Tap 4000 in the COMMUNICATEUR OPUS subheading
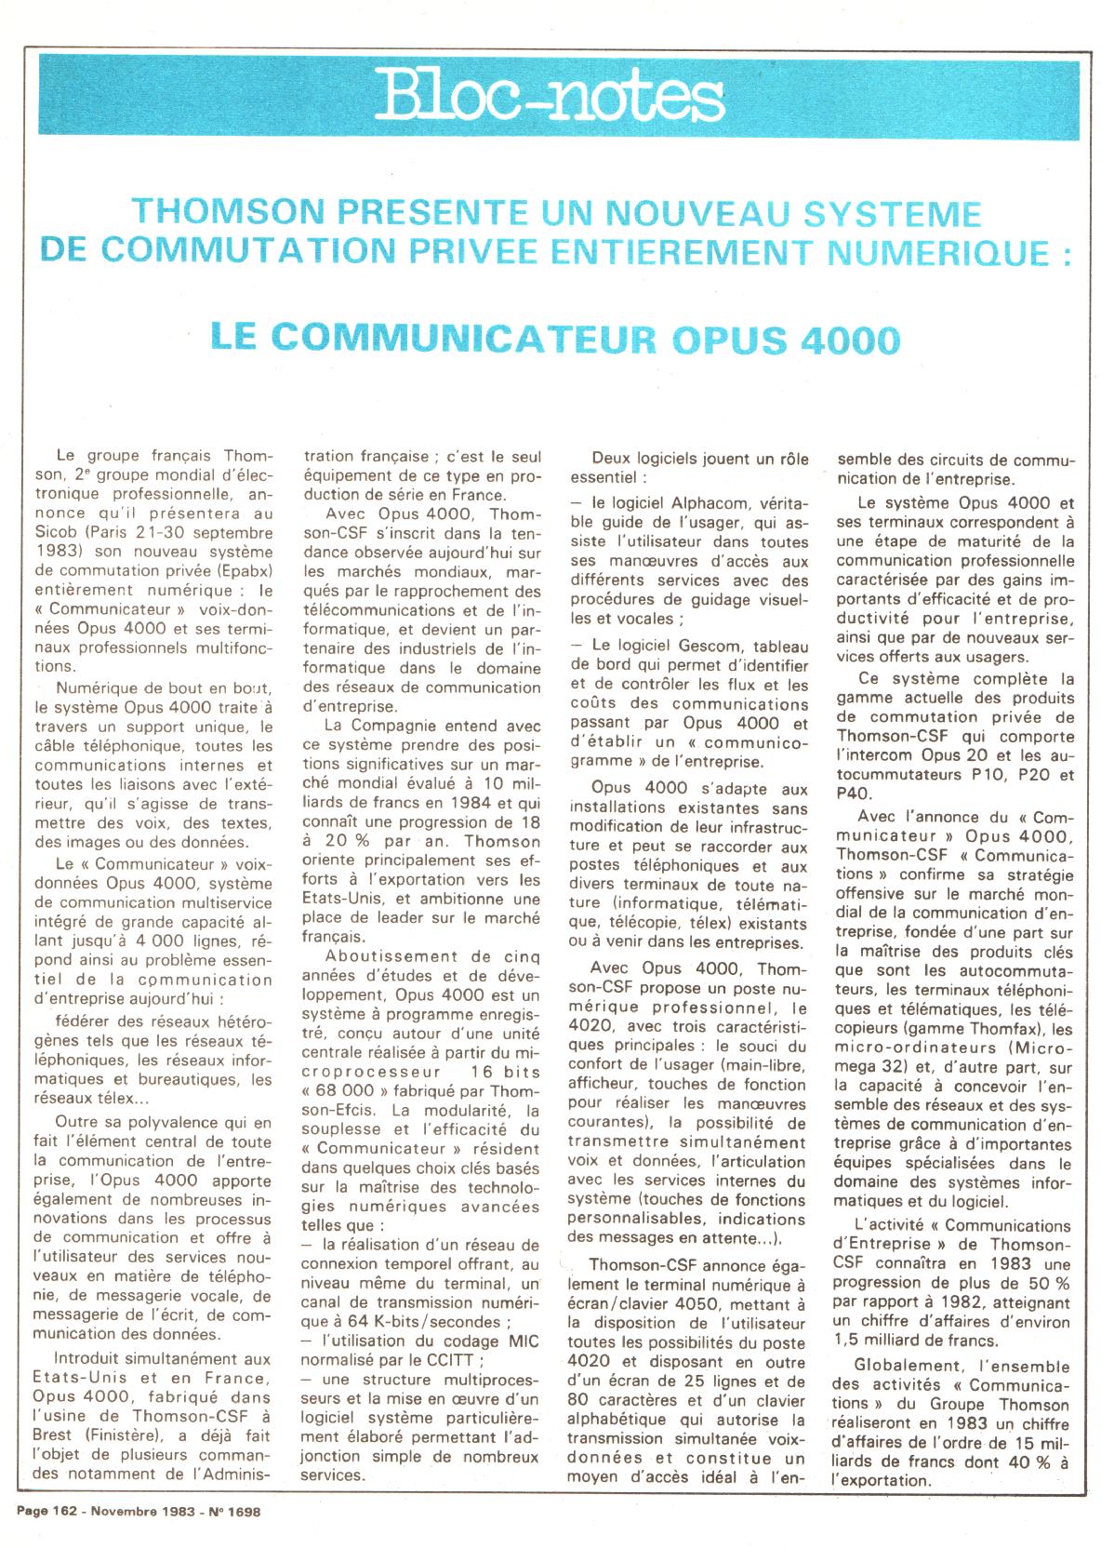point(848,340)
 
